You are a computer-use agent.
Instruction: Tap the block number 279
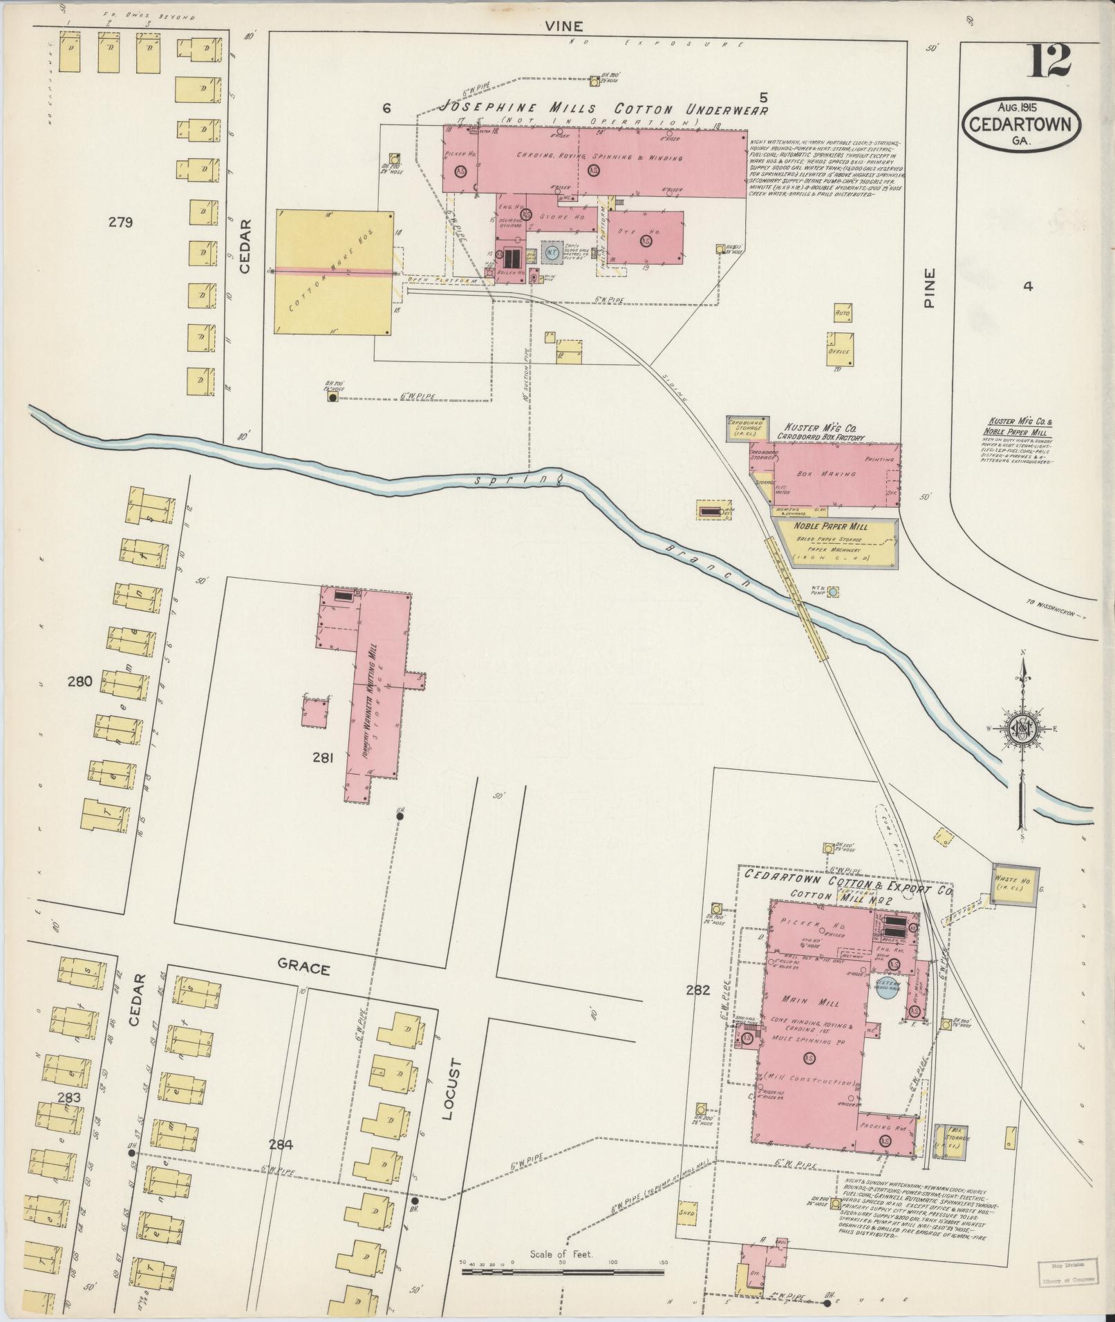120,223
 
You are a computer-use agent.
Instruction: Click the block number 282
698,990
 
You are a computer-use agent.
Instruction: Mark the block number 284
281,1145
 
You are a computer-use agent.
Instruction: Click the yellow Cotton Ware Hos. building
335,273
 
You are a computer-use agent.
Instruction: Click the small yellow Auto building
843,313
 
